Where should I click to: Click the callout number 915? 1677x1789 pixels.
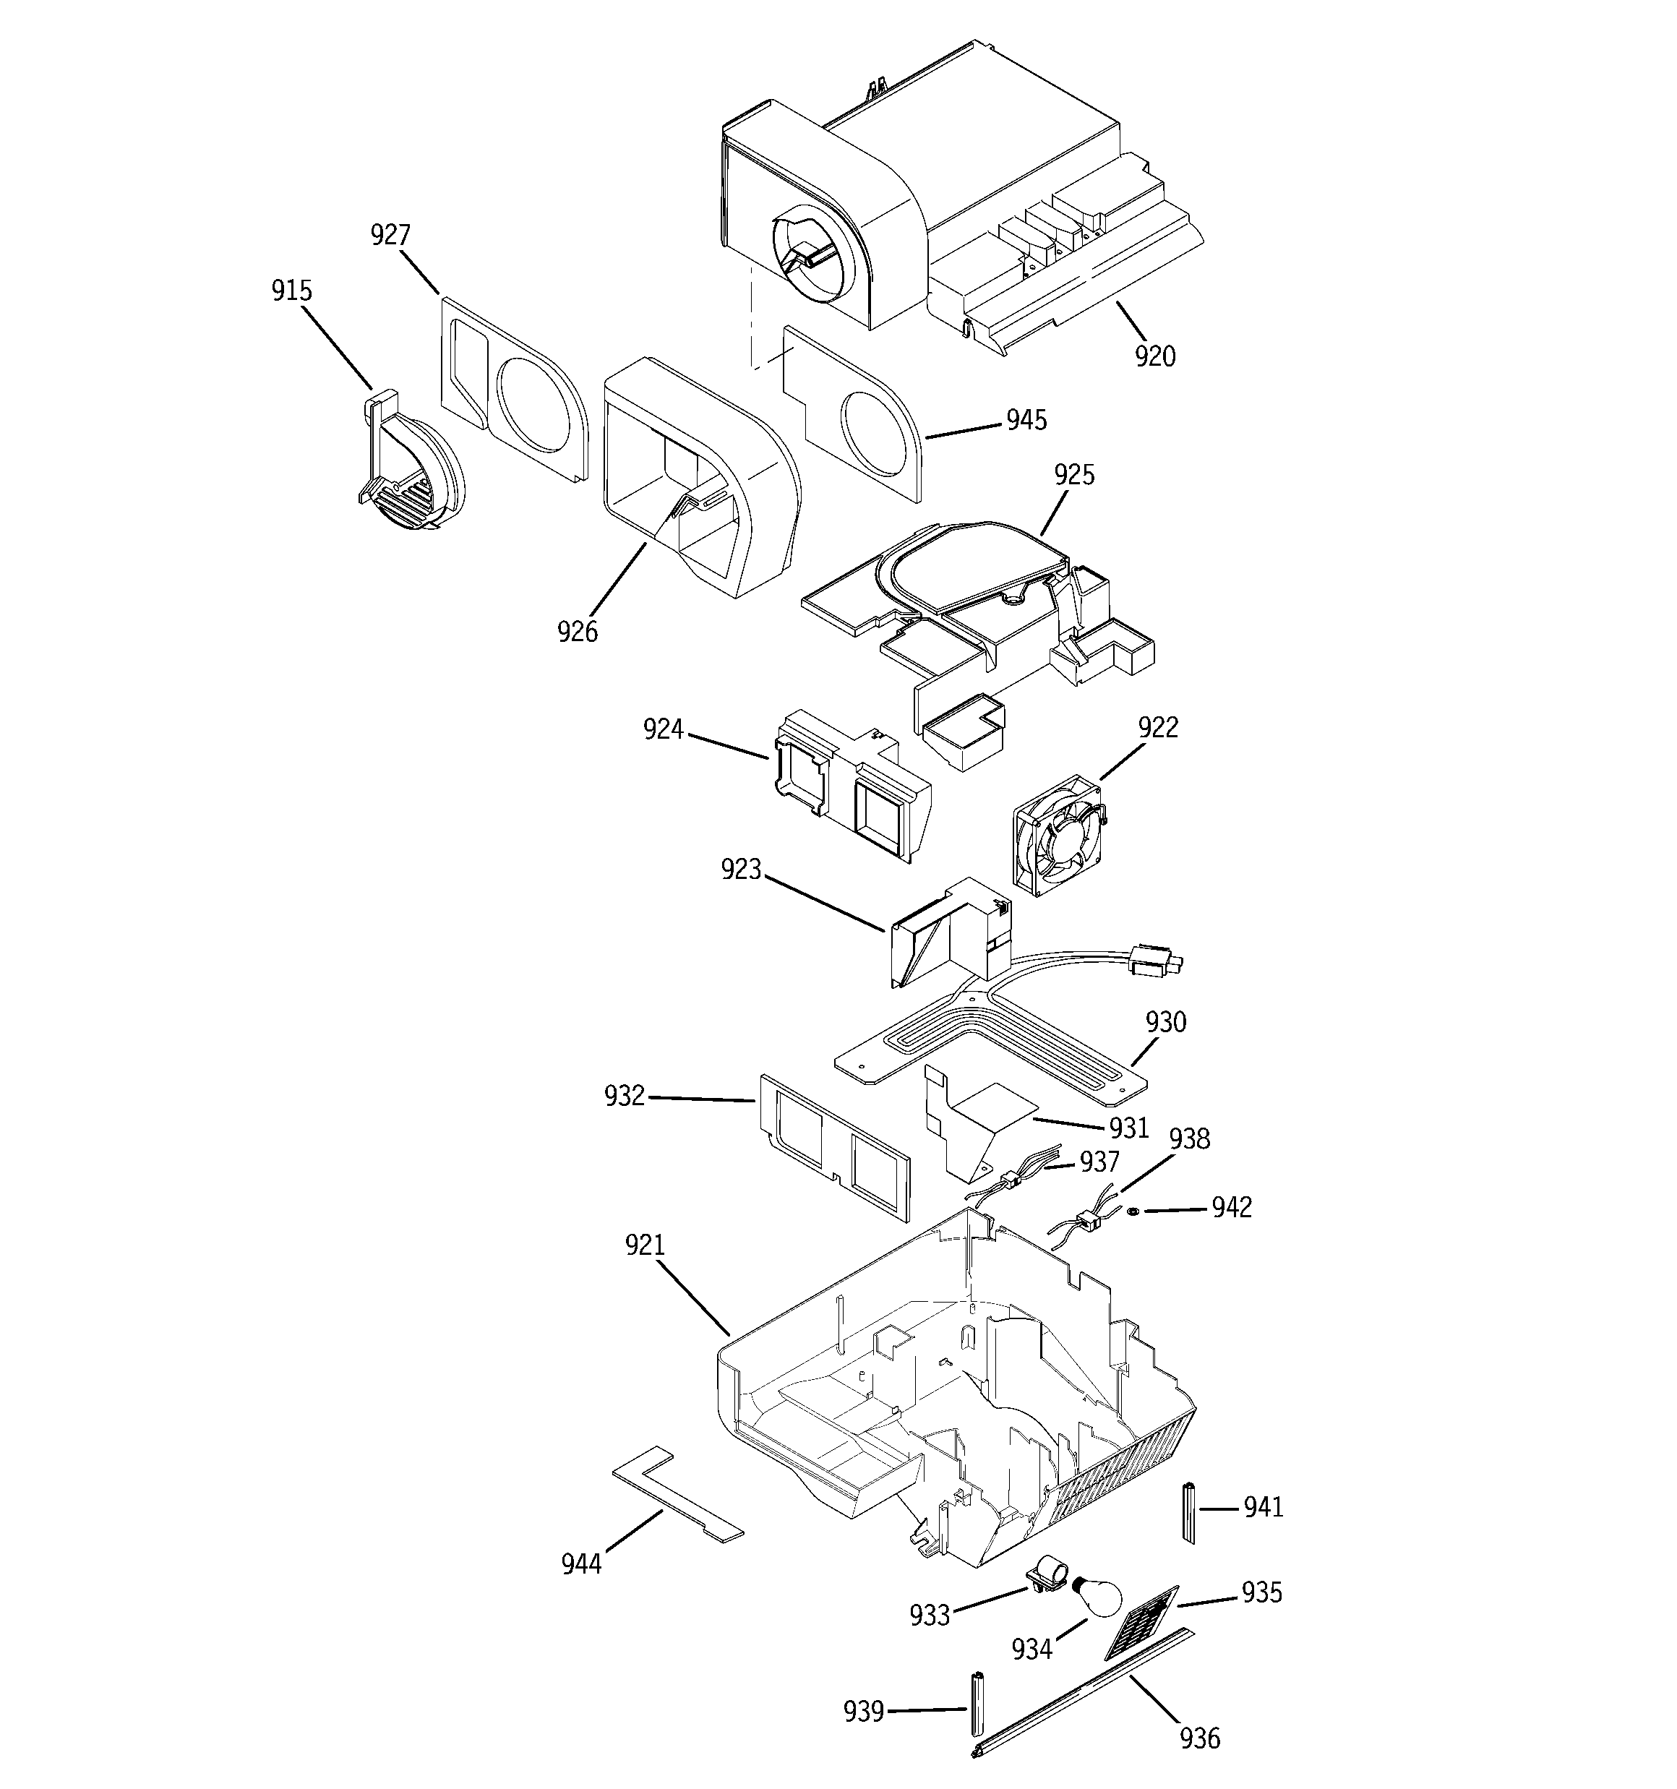coord(291,291)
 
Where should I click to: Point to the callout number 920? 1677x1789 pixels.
coord(1155,356)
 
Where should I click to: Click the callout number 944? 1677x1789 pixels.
coord(581,1564)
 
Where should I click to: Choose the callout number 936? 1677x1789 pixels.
coord(1200,1738)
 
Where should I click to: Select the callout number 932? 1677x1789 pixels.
coord(625,1095)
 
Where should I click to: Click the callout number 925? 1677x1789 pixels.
coord(1075,474)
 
